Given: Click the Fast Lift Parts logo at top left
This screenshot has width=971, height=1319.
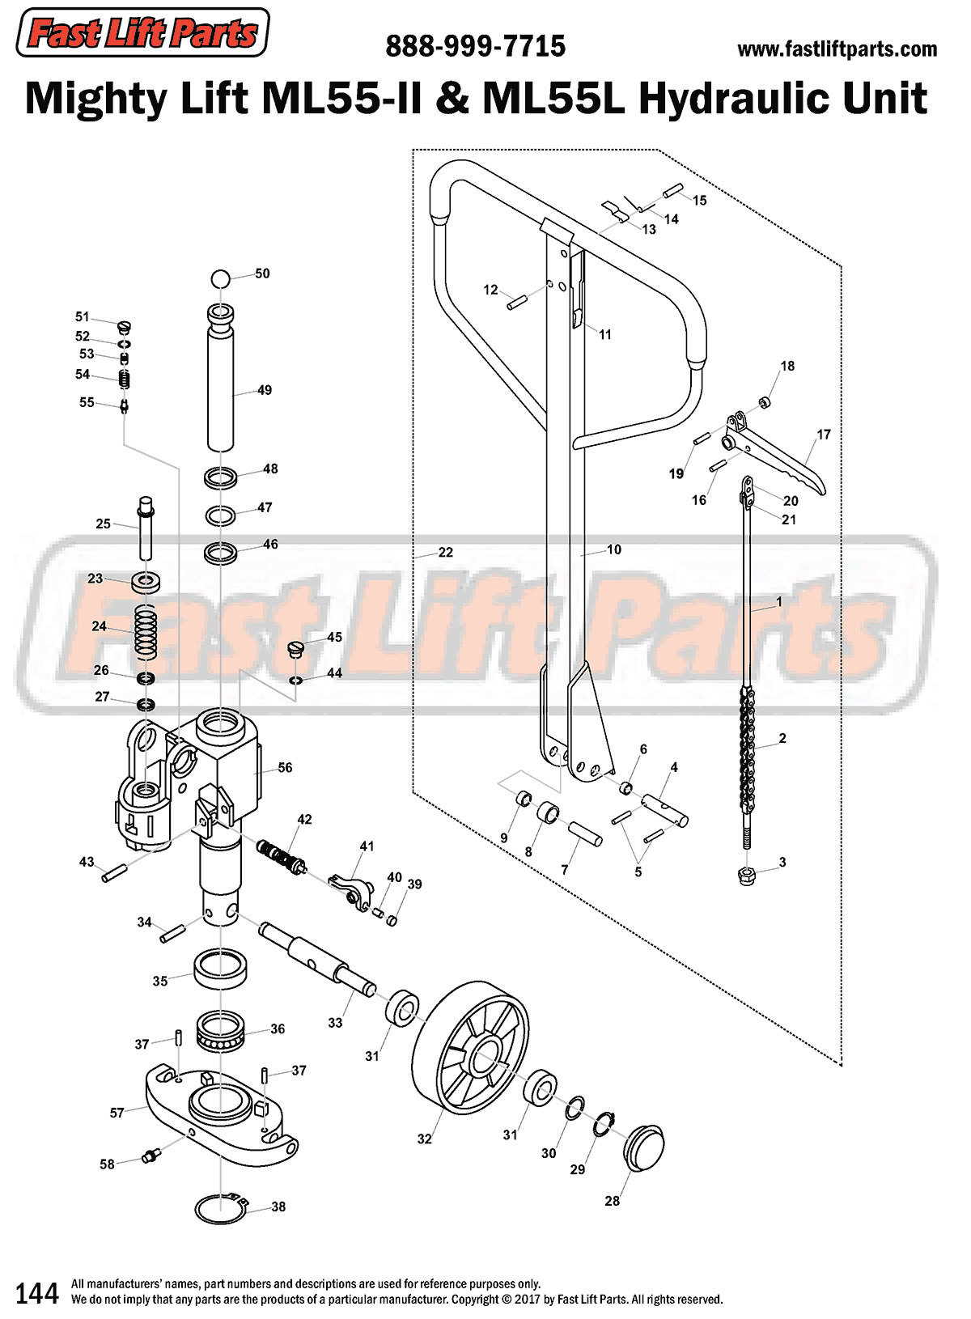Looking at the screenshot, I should click(142, 33).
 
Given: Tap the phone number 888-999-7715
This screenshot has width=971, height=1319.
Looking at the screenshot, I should click(475, 46).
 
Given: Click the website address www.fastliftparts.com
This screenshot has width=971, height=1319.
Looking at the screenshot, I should click(837, 49).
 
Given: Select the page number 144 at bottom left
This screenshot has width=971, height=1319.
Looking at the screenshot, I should click(37, 1293).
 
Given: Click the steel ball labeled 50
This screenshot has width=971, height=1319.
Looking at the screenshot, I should click(221, 279).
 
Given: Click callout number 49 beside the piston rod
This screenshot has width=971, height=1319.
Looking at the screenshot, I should click(265, 390).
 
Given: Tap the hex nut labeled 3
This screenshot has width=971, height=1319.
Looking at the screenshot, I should click(748, 875).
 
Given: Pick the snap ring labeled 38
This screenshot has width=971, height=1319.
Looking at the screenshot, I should click(221, 1208).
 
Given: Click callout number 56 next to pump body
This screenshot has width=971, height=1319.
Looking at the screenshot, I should click(285, 767).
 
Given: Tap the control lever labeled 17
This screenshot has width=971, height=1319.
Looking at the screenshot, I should click(777, 453).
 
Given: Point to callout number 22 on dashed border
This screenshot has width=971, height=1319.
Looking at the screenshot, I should click(445, 552).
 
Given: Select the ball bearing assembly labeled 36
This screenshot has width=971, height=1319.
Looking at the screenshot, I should click(219, 1032).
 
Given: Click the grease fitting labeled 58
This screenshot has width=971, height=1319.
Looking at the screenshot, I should click(150, 1156).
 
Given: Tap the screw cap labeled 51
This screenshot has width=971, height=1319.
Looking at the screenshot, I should click(124, 327).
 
